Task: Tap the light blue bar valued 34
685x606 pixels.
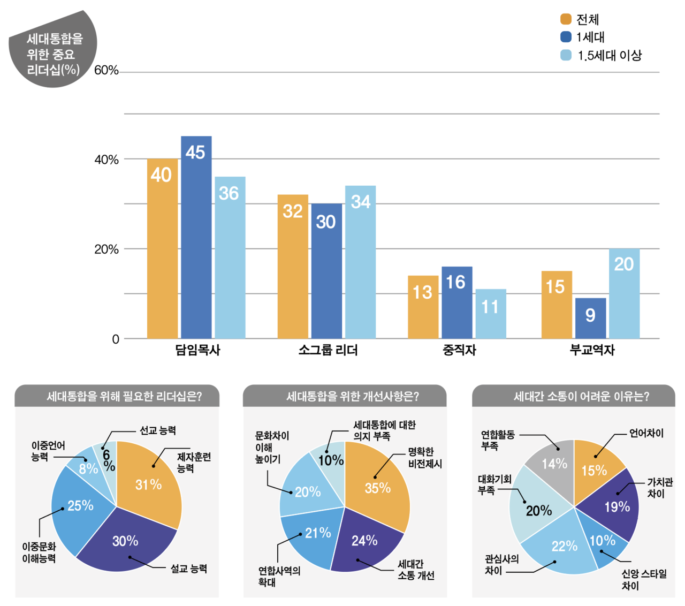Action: (x=360, y=262)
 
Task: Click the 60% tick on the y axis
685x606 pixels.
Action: (x=106, y=71)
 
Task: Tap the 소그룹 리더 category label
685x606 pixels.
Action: (x=328, y=350)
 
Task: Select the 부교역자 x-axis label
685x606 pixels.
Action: (x=592, y=350)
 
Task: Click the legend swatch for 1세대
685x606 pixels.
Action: (x=566, y=37)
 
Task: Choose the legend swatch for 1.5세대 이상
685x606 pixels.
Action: (x=566, y=55)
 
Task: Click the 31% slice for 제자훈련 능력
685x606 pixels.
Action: (x=150, y=482)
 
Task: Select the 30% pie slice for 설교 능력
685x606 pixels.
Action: (x=126, y=543)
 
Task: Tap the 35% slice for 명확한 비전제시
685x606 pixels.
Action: (x=378, y=484)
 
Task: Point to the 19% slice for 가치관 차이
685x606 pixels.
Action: (x=615, y=506)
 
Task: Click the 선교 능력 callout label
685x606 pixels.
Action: (x=158, y=430)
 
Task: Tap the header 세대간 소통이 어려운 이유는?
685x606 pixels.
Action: (x=573, y=396)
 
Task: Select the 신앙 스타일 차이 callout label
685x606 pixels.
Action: (x=644, y=580)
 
